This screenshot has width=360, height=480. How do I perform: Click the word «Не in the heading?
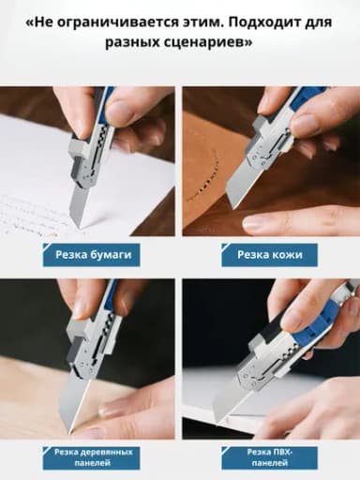pyautogui.click(x=40, y=22)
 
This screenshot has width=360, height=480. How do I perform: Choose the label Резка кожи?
pyautogui.click(x=269, y=255)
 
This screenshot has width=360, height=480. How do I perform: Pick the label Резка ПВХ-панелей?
pyautogui.click(x=269, y=457)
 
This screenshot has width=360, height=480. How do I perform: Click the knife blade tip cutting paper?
pyautogui.click(x=80, y=227)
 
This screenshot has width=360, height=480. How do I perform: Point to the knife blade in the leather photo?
pyautogui.click(x=242, y=186)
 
